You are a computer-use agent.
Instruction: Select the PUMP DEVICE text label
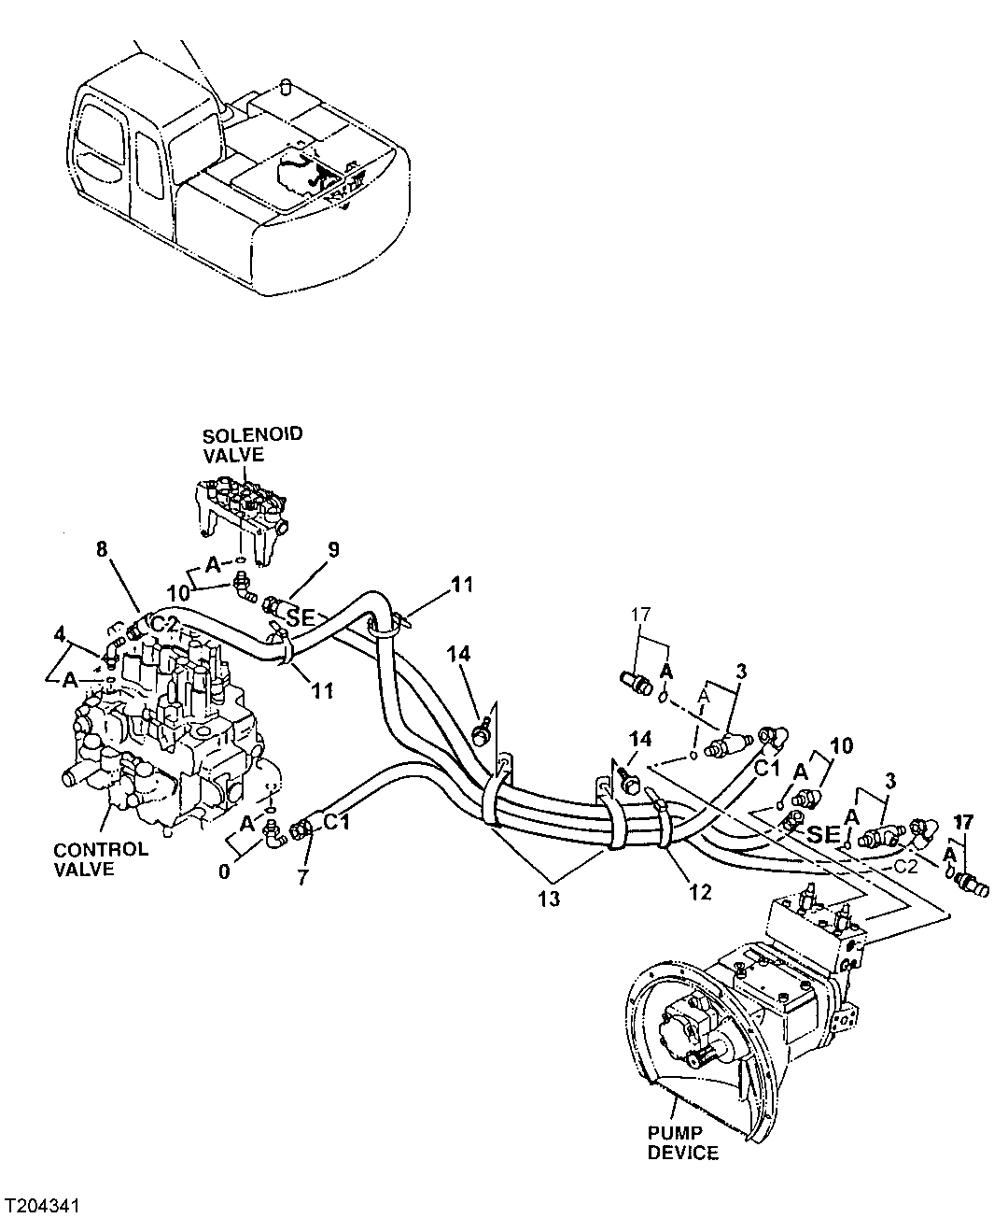click(683, 1143)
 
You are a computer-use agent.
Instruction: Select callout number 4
click(60, 636)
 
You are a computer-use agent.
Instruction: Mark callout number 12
click(700, 892)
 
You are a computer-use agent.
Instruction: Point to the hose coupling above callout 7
click(303, 827)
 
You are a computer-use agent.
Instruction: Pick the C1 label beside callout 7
click(336, 822)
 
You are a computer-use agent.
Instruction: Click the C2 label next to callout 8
click(165, 623)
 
